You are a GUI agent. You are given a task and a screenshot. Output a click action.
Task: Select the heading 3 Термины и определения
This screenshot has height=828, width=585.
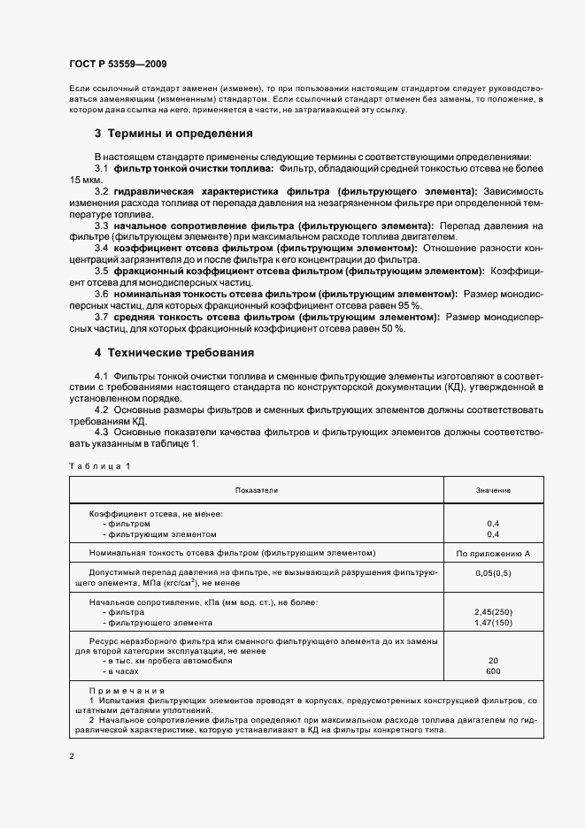(173, 134)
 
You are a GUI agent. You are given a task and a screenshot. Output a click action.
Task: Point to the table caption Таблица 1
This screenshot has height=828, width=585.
(99, 465)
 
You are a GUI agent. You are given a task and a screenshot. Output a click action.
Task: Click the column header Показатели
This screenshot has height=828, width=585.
(257, 490)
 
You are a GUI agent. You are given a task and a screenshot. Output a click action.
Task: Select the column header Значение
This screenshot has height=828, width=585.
(493, 490)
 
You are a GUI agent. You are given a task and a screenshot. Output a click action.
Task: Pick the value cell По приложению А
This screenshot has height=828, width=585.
(493, 553)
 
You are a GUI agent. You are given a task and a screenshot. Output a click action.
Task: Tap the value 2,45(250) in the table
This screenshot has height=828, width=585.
(493, 612)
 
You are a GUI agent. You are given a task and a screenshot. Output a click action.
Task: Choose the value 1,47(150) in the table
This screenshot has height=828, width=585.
(493, 623)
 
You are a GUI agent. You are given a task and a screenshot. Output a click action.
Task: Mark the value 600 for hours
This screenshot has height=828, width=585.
(493, 671)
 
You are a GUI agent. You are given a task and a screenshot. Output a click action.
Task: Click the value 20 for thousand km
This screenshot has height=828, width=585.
(493, 661)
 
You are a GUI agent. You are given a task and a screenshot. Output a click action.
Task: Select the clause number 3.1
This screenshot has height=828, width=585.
(101, 168)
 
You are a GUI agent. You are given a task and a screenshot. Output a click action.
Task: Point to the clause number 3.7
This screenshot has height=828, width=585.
(101, 317)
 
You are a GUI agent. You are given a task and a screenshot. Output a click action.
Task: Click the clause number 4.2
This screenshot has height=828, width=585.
(101, 410)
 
